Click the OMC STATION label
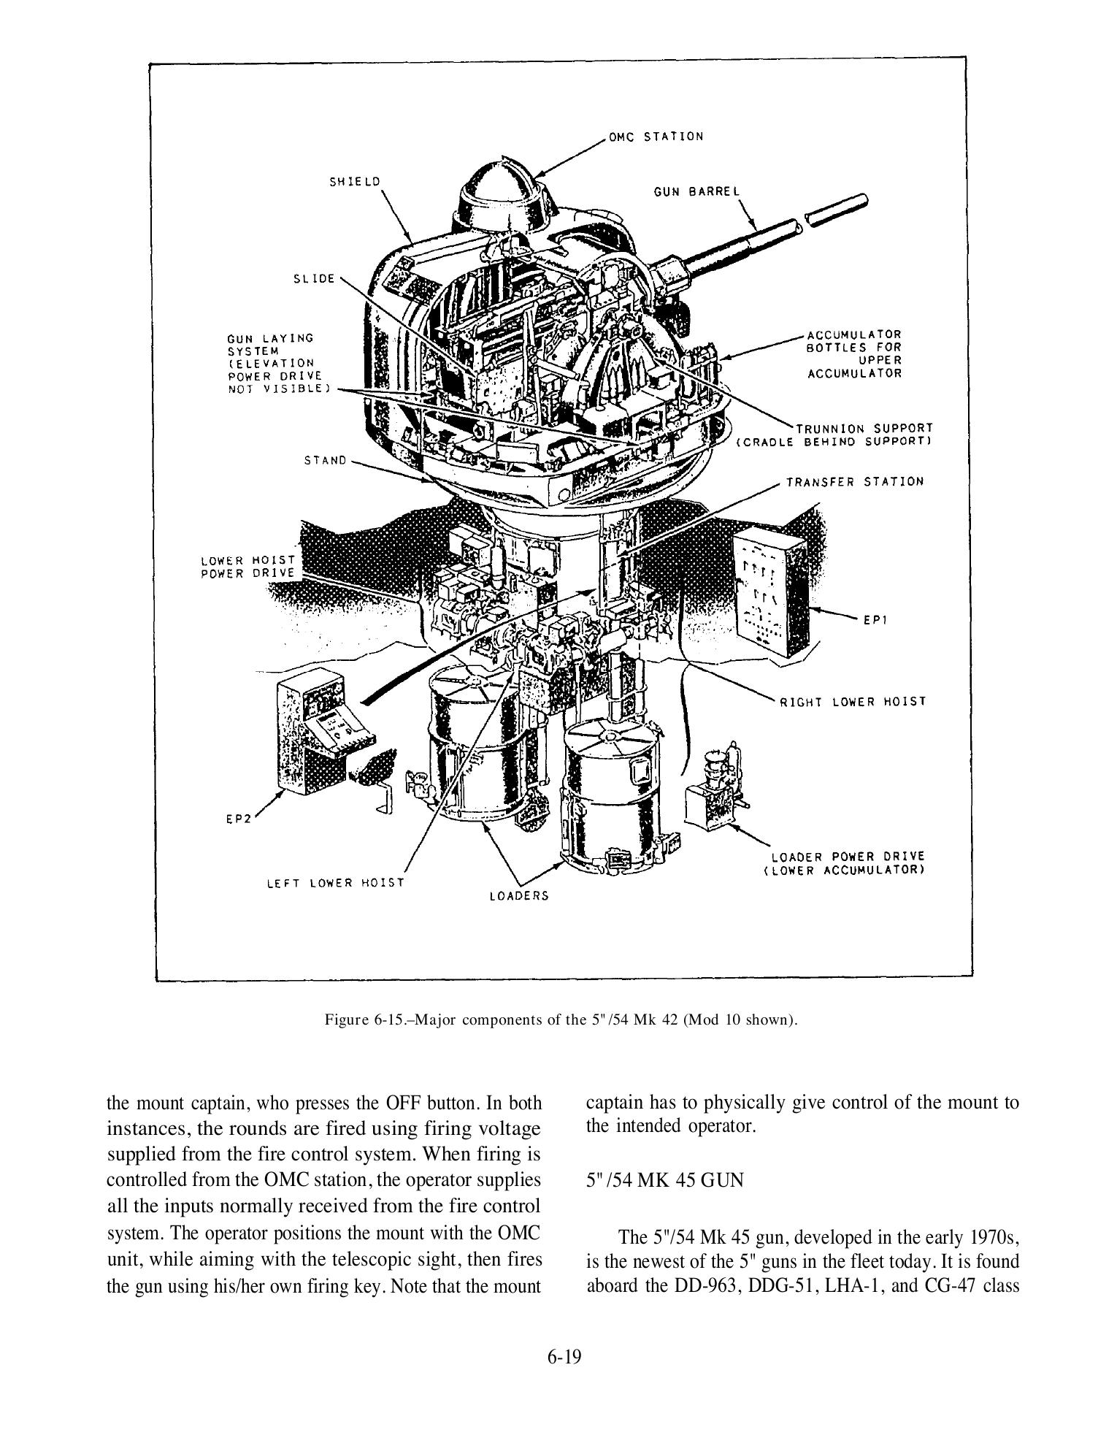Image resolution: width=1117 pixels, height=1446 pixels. pos(656,137)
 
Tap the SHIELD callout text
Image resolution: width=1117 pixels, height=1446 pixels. pos(355,182)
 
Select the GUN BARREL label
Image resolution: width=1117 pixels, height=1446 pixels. pos(696,191)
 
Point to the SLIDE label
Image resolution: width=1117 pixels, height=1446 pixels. pos(313,279)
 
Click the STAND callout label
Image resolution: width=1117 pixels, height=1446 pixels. pos(325,461)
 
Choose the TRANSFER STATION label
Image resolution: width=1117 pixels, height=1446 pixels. pos(854,482)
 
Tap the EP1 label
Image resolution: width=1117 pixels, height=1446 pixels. pos(874,620)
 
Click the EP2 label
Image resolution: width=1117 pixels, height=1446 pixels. pos(238,819)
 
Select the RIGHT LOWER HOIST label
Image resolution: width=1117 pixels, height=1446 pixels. pos(853,701)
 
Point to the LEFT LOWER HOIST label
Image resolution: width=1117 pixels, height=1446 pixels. pos(335,882)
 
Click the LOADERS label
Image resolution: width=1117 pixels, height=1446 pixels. pos(518,895)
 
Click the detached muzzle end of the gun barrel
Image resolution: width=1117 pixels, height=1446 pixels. pos(835,210)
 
